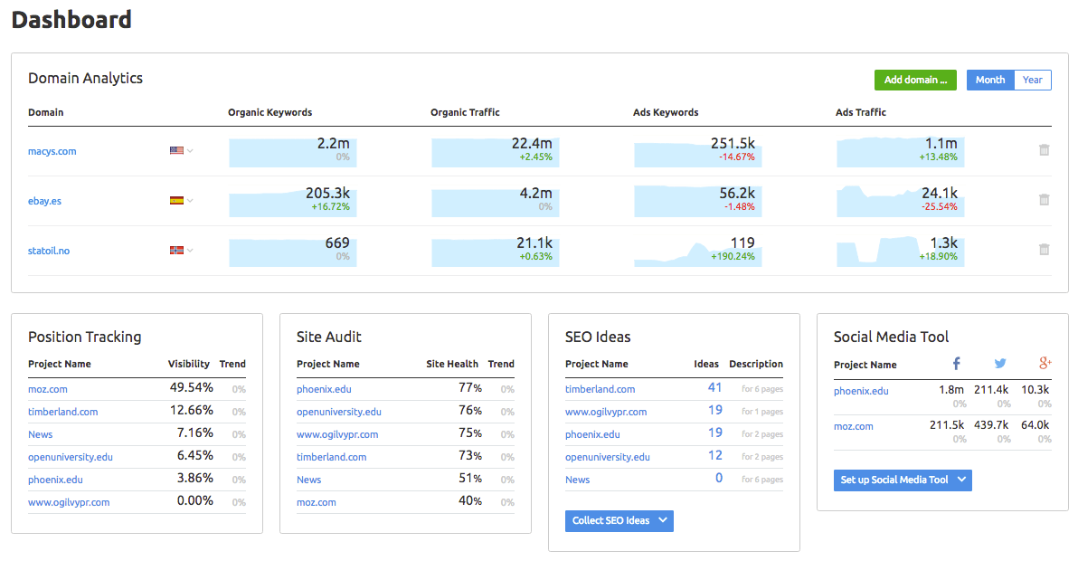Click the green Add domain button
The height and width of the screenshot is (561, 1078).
[x=915, y=80]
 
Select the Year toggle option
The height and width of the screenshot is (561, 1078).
[x=1032, y=80]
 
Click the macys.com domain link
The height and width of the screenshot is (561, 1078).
[x=52, y=151]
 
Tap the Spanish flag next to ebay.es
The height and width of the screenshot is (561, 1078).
[x=176, y=201]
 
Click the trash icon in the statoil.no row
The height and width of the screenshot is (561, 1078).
[x=1044, y=250]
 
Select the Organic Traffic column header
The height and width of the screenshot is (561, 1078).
[x=465, y=112]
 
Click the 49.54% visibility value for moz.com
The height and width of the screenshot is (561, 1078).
[x=191, y=388]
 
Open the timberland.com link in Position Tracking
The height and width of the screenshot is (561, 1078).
[x=62, y=412]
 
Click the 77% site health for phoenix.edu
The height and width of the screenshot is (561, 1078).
[x=469, y=388]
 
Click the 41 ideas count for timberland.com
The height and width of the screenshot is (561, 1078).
[x=714, y=388]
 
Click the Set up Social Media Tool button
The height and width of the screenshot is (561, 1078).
[x=902, y=480]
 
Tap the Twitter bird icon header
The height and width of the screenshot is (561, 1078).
[x=1000, y=364]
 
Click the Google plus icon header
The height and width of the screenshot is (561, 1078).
[x=1045, y=364]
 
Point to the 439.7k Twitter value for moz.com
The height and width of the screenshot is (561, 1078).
[x=991, y=425]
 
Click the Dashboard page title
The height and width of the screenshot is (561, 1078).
[x=71, y=19]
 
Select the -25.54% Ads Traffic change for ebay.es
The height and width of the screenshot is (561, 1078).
[x=939, y=206]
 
